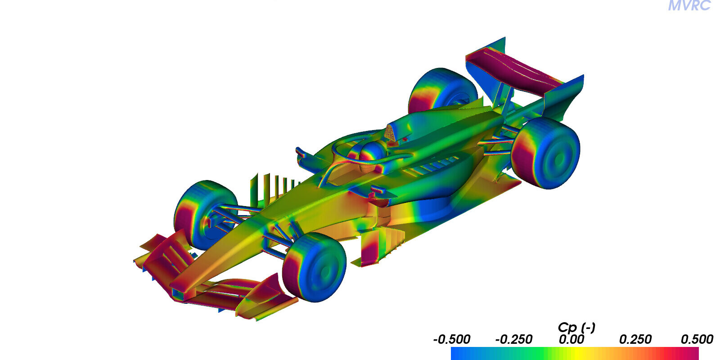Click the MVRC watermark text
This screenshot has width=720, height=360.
689,5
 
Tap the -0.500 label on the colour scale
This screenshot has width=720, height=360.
452,339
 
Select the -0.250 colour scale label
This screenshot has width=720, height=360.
513,339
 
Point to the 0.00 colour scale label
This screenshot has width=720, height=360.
571,339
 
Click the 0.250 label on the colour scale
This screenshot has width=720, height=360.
635,339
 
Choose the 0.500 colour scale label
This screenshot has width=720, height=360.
697,339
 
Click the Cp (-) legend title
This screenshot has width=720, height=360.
576,328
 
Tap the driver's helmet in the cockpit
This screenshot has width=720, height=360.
372,152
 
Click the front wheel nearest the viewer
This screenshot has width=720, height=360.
315,267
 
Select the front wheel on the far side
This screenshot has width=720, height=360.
205,215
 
